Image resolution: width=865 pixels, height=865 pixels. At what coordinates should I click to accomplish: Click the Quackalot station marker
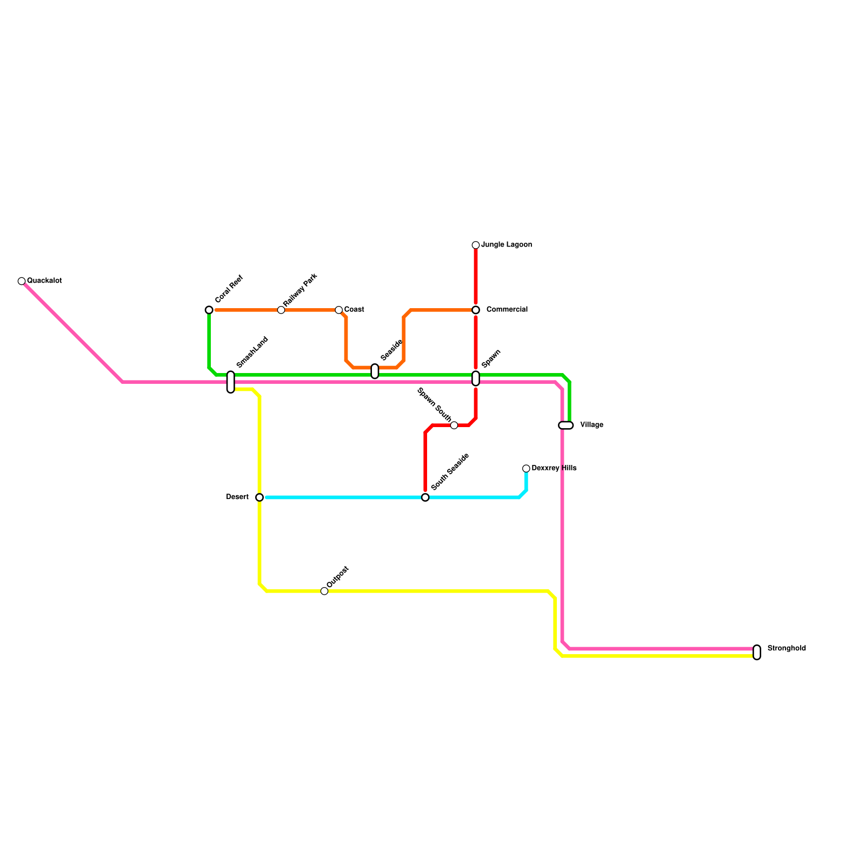click(x=22, y=281)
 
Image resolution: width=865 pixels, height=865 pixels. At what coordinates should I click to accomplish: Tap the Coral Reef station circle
click(x=209, y=310)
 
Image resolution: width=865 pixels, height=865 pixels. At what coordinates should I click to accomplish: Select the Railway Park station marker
click(x=281, y=310)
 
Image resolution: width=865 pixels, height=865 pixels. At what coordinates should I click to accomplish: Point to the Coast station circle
click(x=339, y=310)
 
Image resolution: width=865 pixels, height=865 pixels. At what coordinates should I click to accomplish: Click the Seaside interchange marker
click(x=375, y=371)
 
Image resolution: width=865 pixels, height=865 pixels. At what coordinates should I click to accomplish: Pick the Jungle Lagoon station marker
click(x=476, y=245)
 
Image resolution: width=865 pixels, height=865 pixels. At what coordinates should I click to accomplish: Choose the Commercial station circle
click(x=476, y=310)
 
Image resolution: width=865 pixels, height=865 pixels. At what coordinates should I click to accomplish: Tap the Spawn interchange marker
click(x=476, y=378)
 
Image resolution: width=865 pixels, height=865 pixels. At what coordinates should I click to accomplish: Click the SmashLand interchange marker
click(x=231, y=382)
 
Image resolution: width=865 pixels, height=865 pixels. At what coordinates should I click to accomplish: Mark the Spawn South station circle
click(x=454, y=425)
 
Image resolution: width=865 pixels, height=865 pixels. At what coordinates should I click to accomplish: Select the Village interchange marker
click(x=565, y=425)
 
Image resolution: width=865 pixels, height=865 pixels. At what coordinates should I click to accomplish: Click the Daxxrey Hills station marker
click(x=526, y=469)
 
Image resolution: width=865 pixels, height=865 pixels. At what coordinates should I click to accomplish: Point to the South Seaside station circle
click(x=425, y=497)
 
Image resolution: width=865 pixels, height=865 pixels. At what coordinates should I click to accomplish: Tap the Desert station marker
click(x=259, y=497)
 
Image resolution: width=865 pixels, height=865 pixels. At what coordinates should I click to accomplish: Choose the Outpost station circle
click(x=324, y=591)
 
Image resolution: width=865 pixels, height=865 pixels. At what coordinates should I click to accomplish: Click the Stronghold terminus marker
click(x=757, y=653)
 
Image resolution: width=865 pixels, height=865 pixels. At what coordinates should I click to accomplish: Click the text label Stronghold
click(x=787, y=648)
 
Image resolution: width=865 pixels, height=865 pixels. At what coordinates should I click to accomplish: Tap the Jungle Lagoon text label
click(x=507, y=245)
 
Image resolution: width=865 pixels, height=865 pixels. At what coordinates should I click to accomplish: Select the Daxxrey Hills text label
click(x=554, y=468)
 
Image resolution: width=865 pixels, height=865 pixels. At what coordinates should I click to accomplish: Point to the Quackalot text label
click(x=44, y=281)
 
